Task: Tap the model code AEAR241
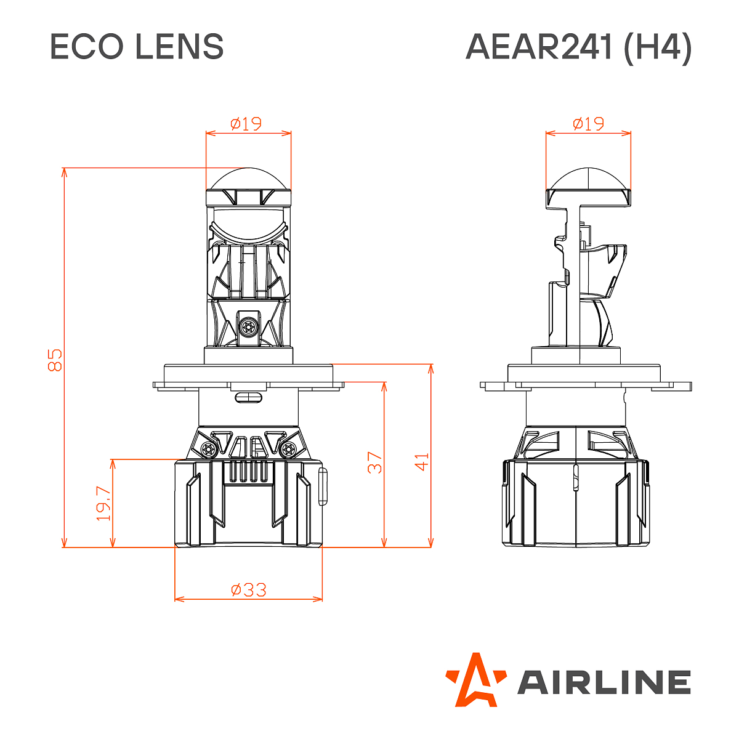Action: pos(539,47)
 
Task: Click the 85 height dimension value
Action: pos(55,360)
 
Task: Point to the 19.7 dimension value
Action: pos(103,504)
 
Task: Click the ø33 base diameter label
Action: pos(249,590)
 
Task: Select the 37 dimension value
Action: pos(375,462)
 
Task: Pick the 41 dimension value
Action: pos(422,462)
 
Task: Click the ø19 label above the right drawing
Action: pos(588,124)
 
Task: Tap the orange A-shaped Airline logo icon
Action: pos(475,679)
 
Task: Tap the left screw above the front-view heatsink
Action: pos(208,448)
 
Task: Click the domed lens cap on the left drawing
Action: pos(249,180)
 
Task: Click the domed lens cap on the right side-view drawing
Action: pos(589,179)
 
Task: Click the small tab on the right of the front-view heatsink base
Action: pos(323,487)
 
